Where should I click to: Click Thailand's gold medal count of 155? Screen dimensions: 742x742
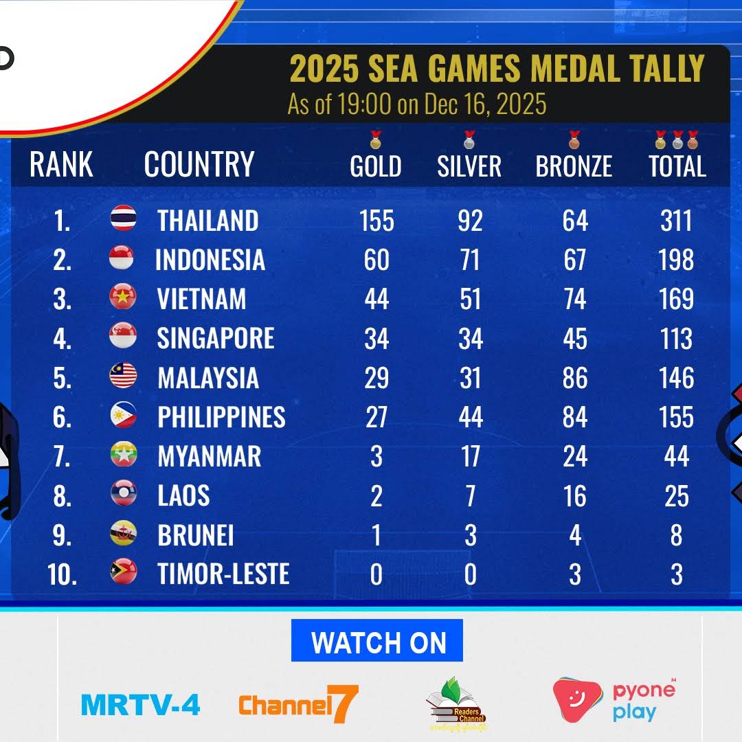[376, 221]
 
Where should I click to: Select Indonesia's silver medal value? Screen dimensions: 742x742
[470, 260]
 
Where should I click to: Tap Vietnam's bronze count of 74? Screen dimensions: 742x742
[574, 299]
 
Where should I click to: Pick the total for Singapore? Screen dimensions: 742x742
[676, 339]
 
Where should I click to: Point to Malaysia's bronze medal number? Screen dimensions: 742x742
[575, 378]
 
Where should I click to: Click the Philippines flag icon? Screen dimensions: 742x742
[124, 415]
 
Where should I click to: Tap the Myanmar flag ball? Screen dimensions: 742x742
[124, 454]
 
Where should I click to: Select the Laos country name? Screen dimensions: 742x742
[183, 495]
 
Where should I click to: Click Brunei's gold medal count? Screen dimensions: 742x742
[376, 535]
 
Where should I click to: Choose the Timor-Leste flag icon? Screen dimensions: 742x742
[124, 571]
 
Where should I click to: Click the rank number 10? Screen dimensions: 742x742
[62, 574]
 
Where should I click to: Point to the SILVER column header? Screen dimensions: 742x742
[469, 166]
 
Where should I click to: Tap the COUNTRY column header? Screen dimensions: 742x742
[199, 164]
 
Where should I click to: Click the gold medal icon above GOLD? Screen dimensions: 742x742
[376, 139]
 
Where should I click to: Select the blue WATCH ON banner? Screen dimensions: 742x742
[377, 640]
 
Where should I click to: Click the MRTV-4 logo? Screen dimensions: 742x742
[141, 705]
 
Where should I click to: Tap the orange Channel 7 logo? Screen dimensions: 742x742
[299, 704]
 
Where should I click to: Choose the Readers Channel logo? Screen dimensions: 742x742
[458, 704]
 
